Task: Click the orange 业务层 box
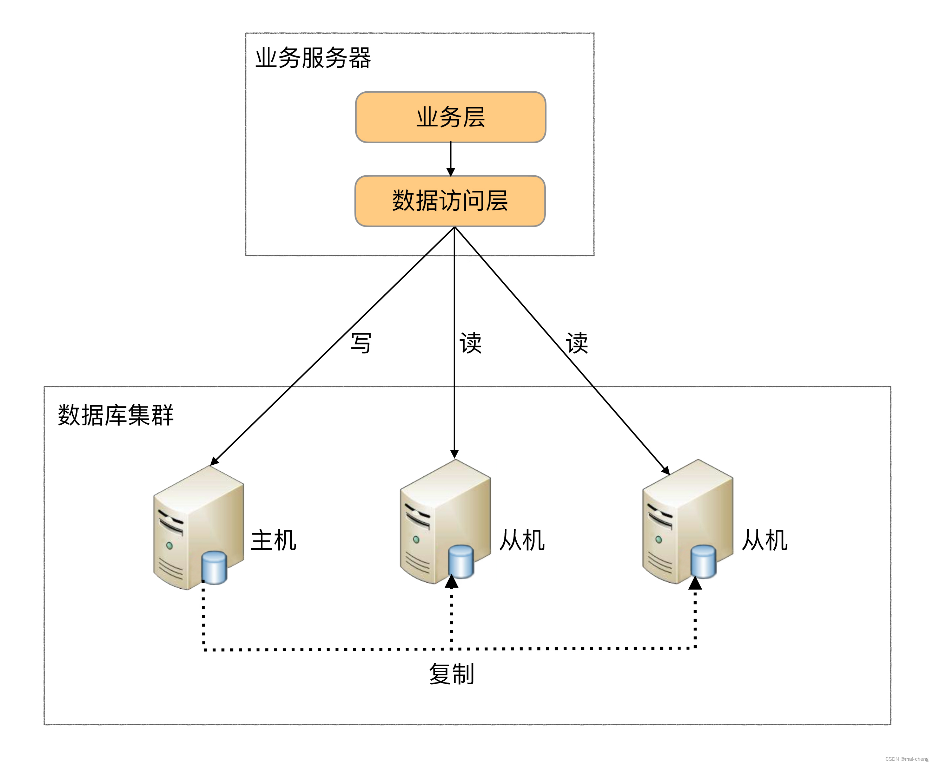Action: tap(450, 117)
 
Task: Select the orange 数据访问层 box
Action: tap(450, 201)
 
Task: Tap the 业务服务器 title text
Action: tap(313, 58)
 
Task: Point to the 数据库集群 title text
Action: tap(115, 415)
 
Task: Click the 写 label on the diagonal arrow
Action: tap(361, 343)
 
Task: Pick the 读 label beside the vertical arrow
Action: tap(470, 343)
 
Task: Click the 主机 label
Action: tap(273, 540)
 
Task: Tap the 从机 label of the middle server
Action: tap(522, 540)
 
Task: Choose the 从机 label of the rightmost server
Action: tap(764, 540)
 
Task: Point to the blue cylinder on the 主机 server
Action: tap(214, 568)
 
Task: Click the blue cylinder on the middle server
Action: tap(461, 561)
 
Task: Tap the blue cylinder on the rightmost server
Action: tap(703, 561)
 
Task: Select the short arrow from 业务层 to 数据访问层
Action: tap(450, 159)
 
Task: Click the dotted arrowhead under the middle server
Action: tap(451, 582)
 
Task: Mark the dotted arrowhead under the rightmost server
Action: tap(695, 583)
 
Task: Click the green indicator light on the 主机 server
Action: tap(170, 545)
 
